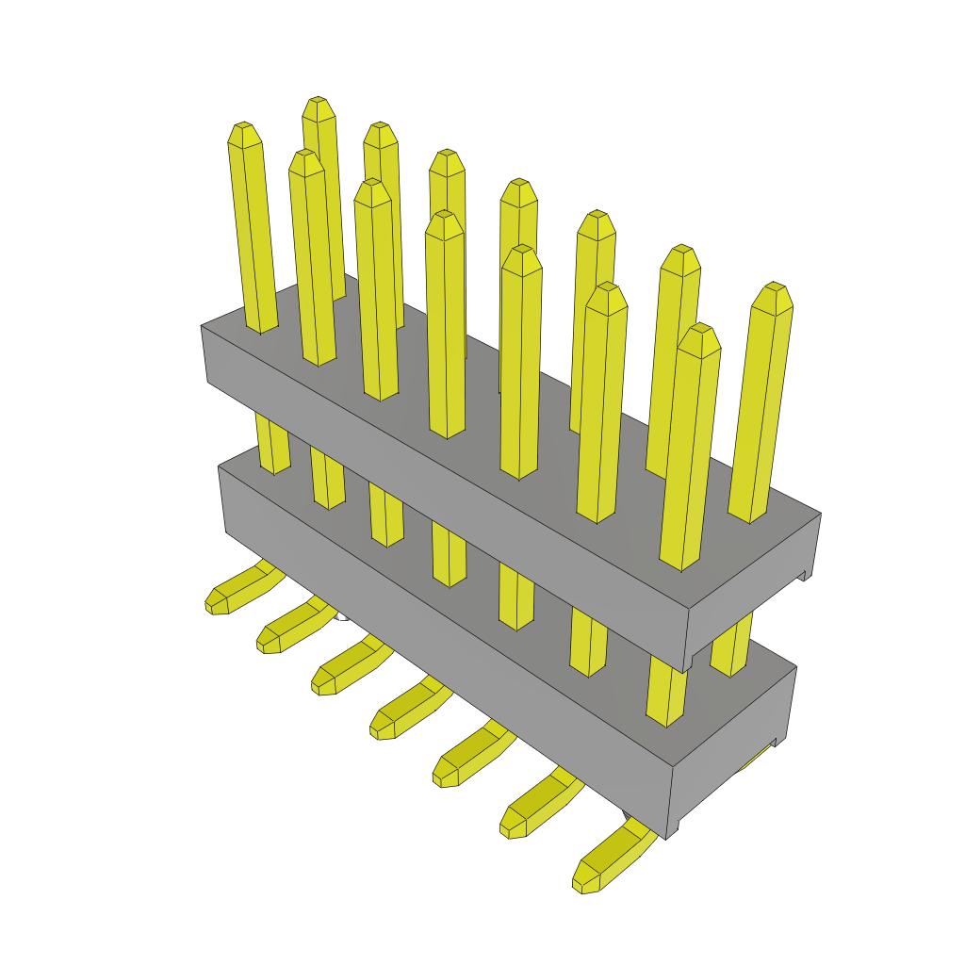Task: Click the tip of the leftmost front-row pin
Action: click(x=243, y=133)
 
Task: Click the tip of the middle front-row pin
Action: click(x=444, y=223)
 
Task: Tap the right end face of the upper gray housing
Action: click(x=754, y=594)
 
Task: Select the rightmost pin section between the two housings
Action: click(x=731, y=650)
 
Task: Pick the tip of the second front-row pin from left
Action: click(x=306, y=161)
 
